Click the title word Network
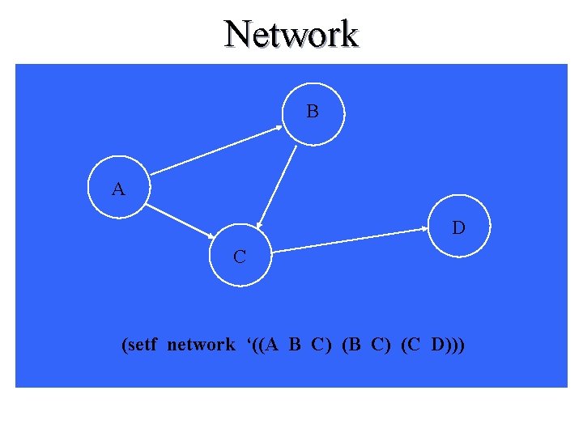291,34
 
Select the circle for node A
118,189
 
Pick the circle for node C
240,256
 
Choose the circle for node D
457,227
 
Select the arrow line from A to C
182,219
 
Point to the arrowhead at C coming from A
209,235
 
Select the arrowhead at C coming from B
260,223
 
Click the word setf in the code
144,346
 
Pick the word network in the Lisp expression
201,346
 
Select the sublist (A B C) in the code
296,346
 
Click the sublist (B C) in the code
366,346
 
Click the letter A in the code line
272,346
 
